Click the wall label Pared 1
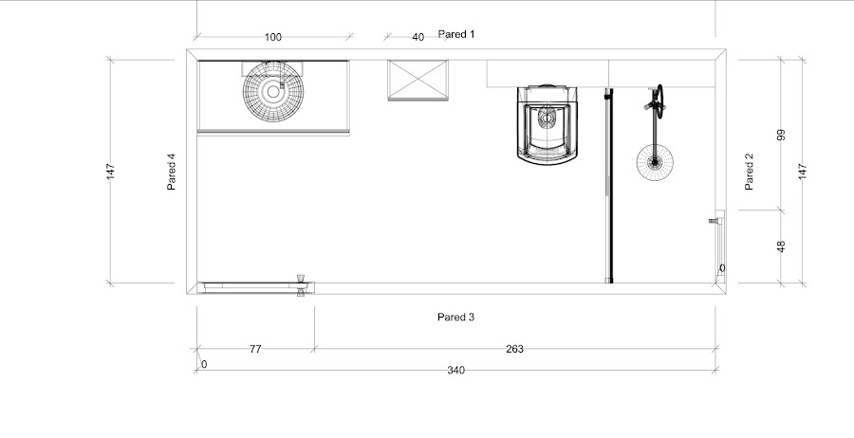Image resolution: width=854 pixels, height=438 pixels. [456, 34]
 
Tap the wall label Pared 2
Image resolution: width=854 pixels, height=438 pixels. [749, 172]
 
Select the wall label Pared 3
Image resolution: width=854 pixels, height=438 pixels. [456, 318]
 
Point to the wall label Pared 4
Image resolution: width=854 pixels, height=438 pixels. [172, 172]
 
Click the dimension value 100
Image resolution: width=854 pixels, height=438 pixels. [273, 38]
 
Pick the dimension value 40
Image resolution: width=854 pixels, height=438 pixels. [418, 38]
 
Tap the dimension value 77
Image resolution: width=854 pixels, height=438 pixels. [255, 349]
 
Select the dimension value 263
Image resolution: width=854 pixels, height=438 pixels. [514, 349]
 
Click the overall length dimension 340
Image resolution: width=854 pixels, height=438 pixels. [455, 371]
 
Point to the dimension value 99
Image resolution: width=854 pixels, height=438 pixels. [782, 135]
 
